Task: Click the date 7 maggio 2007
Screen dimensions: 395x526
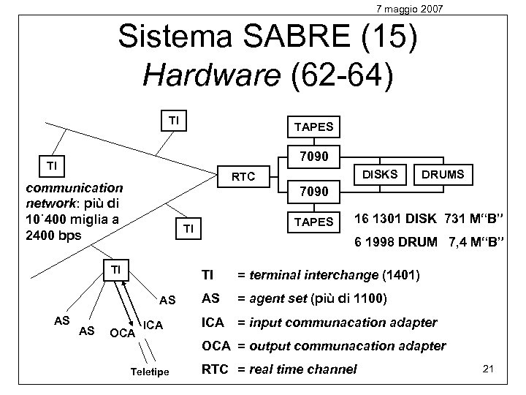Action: point(408,8)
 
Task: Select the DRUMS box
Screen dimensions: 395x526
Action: point(443,174)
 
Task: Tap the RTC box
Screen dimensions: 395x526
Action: point(243,176)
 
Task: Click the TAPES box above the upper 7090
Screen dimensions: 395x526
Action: point(313,126)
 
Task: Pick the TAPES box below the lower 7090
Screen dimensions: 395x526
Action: point(313,221)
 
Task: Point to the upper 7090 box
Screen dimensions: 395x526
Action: point(313,157)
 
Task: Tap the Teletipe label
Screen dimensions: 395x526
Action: point(150,372)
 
